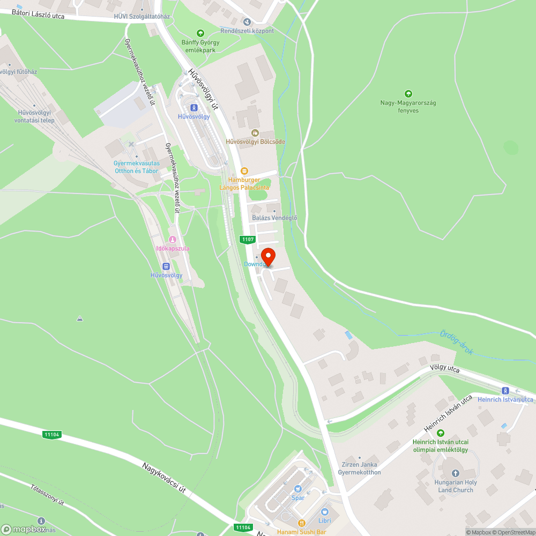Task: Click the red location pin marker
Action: (268, 256)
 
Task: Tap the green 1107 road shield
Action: (248, 240)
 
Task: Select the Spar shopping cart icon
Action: (298, 488)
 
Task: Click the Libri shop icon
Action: (324, 511)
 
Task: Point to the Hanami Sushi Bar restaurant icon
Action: (302, 523)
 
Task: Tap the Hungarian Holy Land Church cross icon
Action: (456, 473)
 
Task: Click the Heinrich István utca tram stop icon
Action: (505, 390)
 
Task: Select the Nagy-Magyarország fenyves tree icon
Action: (408, 94)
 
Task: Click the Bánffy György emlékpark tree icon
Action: (200, 33)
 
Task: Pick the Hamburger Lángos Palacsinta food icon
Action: (244, 171)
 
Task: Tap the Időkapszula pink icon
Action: (173, 240)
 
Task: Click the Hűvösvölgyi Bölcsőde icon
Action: (255, 132)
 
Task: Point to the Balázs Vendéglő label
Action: (274, 218)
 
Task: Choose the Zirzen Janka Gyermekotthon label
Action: (359, 468)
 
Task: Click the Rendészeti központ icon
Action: (247, 22)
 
